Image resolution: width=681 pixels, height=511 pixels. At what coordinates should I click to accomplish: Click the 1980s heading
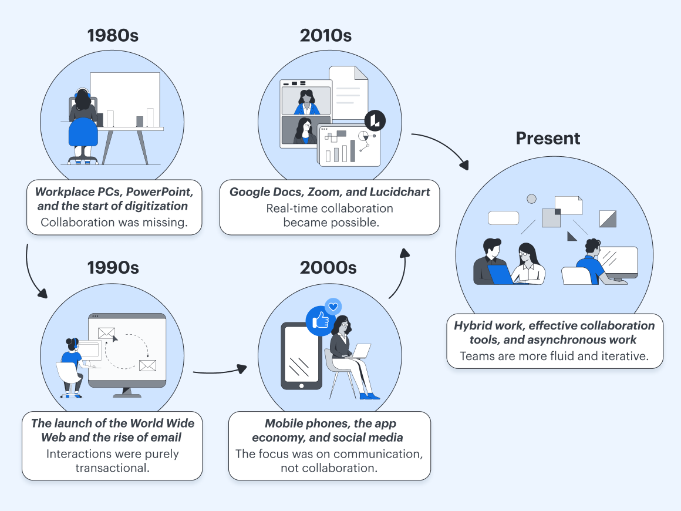point(113,36)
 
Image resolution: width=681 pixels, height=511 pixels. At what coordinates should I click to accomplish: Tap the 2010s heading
point(326,36)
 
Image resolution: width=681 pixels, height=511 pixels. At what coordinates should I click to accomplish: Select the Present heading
point(548,138)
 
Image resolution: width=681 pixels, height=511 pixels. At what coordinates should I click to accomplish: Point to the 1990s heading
point(113,268)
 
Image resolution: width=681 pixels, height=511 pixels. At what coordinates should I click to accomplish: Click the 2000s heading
point(328,268)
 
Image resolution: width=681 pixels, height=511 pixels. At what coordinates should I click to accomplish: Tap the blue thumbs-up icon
point(320,321)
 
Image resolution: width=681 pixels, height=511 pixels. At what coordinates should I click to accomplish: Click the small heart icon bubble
point(333,307)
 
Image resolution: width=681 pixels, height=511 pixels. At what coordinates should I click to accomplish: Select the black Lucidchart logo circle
point(375,120)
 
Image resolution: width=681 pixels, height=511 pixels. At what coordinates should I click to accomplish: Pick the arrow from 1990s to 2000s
point(220,372)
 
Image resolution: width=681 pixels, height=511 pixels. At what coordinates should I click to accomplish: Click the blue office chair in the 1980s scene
point(83,132)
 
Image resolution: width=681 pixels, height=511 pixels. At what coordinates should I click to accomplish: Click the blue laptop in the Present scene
point(500,274)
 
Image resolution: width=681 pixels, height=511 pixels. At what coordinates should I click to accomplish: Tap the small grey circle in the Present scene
point(531,199)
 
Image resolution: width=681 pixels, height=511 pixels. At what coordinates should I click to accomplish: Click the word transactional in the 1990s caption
point(113,468)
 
